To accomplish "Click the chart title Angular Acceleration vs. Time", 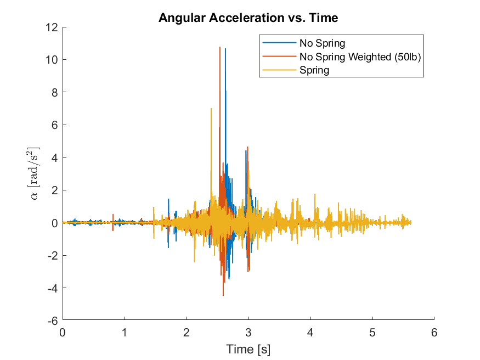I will click(x=248, y=18).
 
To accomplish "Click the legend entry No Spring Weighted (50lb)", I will click(x=360, y=57).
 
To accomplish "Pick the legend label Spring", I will click(x=314, y=70).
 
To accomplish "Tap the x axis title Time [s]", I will click(x=248, y=349).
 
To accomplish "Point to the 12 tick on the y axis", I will click(x=53, y=27).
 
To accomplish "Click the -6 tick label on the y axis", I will click(x=53, y=320).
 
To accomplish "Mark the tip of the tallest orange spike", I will click(x=220, y=47).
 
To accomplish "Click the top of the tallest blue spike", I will click(x=225, y=49).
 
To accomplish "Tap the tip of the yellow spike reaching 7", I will click(x=211, y=109).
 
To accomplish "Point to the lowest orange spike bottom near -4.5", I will click(x=223, y=295).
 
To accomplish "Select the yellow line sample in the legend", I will click(x=279, y=70).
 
